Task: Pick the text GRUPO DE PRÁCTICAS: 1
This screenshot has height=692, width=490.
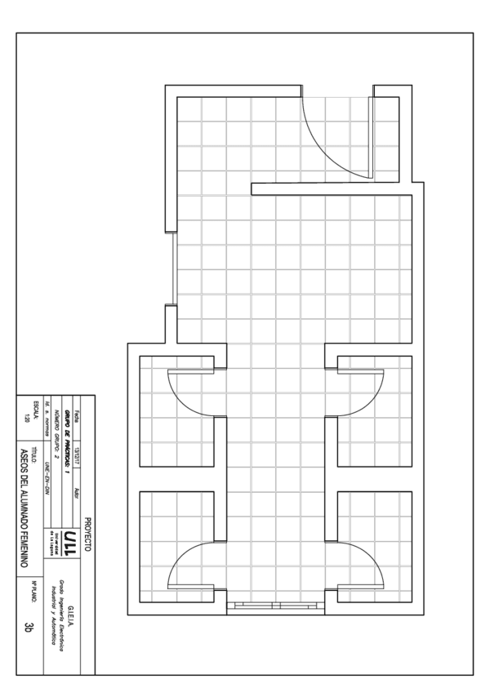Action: click(x=66, y=431)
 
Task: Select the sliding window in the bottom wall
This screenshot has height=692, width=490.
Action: click(x=274, y=605)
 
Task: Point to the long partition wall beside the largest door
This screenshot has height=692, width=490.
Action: click(x=335, y=189)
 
